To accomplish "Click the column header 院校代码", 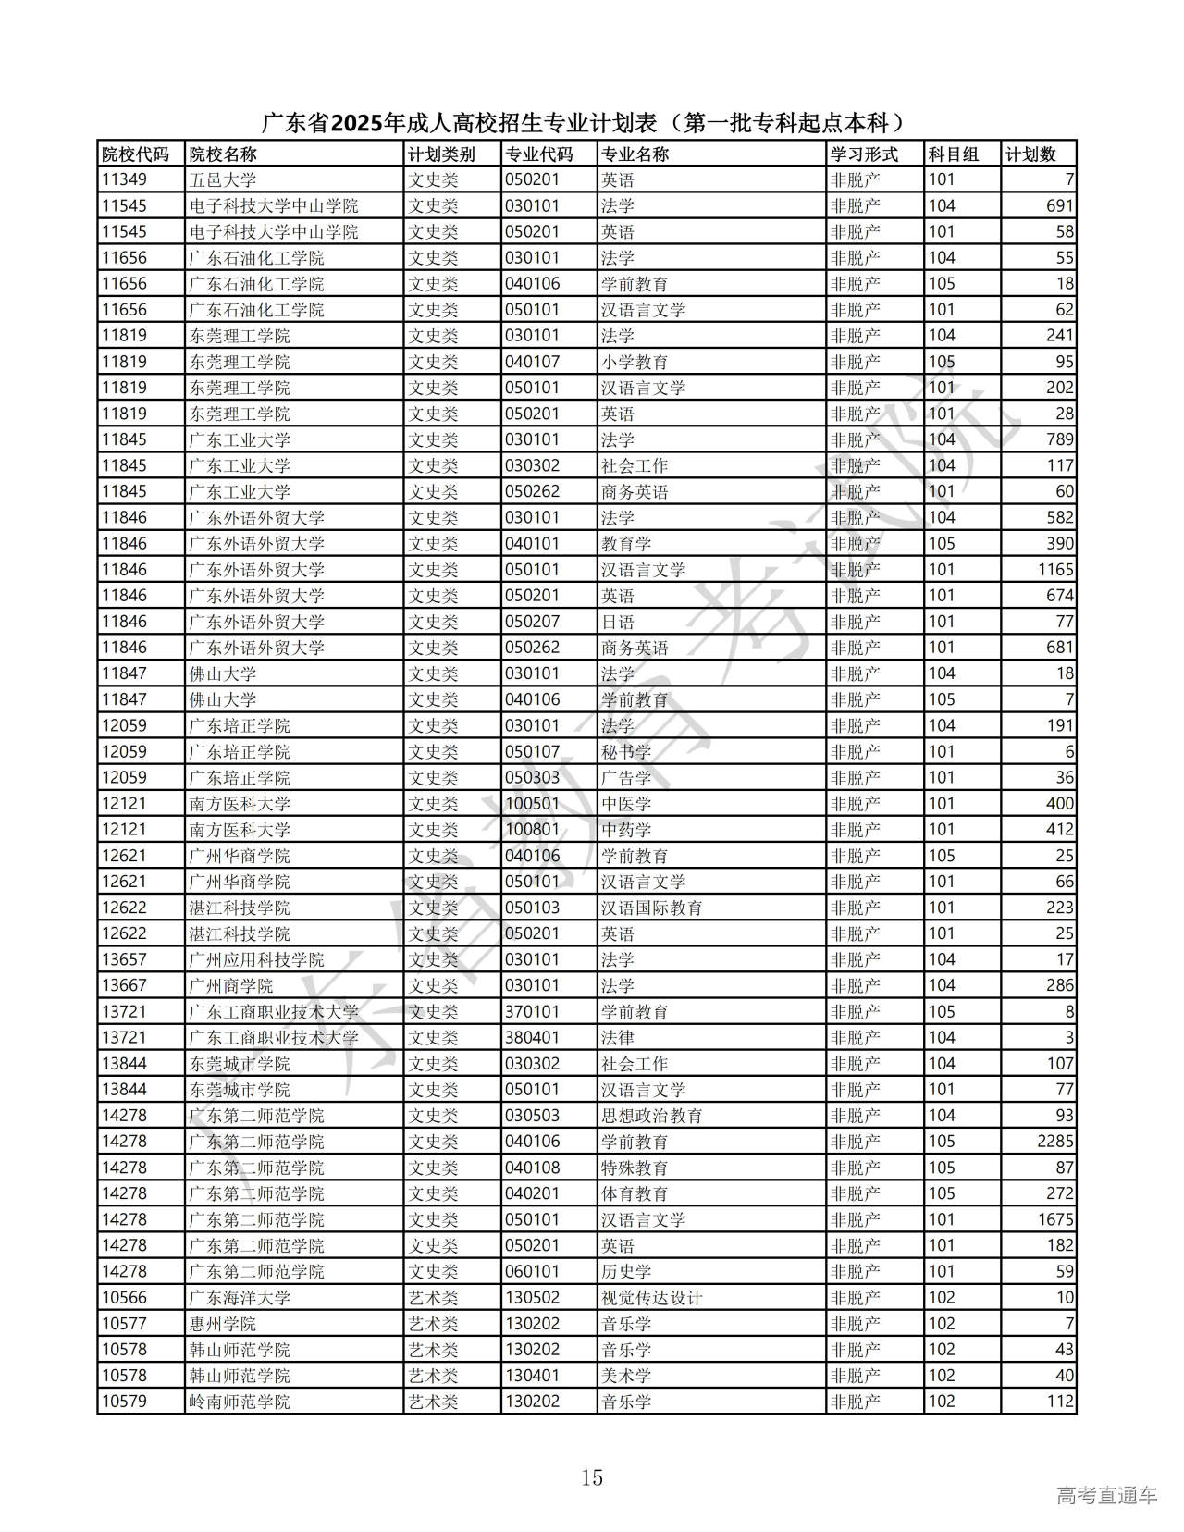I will point(135,154).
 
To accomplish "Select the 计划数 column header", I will point(1030,154).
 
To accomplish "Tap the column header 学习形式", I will point(864,154).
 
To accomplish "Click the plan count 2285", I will point(1054,1142).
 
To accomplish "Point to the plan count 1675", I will point(1054,1219).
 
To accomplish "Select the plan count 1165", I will point(1054,570).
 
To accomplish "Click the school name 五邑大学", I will point(223,180).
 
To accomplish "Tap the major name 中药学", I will point(626,830).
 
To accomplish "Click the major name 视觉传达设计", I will point(651,1298).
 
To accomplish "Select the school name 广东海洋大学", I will point(240,1298).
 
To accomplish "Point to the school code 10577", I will point(124,1324).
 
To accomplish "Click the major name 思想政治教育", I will point(651,1116).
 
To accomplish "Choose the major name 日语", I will point(618,622).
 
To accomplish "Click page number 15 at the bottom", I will point(592,1477).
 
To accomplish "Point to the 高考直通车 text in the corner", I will point(1106,1494).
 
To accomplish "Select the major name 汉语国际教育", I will point(651,908).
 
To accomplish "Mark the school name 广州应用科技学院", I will point(256,960).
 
